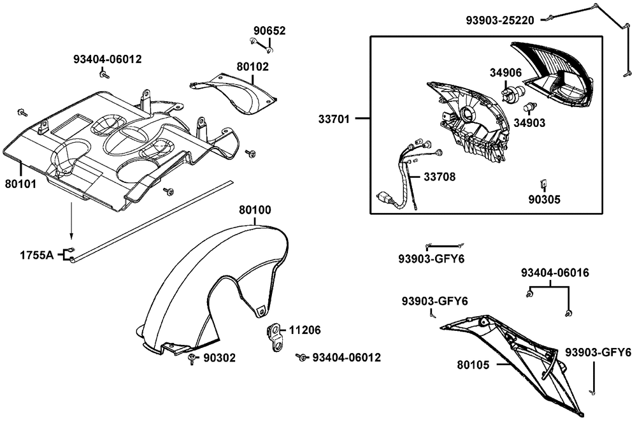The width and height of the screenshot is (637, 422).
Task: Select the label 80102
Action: coord(253,66)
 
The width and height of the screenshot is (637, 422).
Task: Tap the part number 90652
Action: coord(269,31)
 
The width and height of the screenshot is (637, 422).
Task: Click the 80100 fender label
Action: coord(255,209)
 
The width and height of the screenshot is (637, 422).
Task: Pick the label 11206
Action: coord(305,331)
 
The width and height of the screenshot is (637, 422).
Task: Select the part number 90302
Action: coord(219,358)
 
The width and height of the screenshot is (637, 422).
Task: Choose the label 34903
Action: coord(530,122)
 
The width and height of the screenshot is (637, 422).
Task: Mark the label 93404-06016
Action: coord(554,273)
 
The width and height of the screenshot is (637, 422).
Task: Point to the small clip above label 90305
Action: coord(543,184)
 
